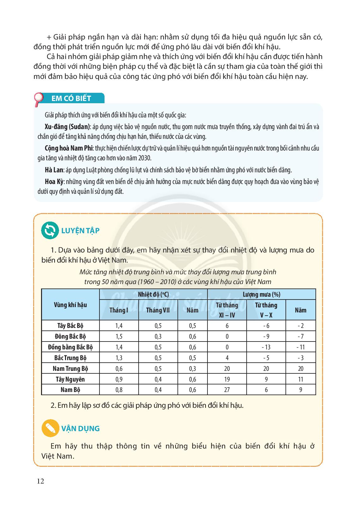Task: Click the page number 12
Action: [x=40, y=481]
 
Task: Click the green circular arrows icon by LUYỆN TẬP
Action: [x=50, y=230]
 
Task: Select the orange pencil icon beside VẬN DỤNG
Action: [x=50, y=428]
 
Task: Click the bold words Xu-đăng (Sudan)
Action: [x=67, y=127]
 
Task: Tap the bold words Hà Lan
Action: [x=54, y=170]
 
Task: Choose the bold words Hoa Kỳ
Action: [x=55, y=181]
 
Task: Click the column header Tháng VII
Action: [x=158, y=310]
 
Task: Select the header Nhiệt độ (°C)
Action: [x=153, y=294]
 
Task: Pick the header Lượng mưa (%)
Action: [x=261, y=294]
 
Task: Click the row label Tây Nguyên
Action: [x=70, y=379]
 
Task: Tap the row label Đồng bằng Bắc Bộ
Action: [x=70, y=347]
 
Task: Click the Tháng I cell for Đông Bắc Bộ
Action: [x=119, y=336]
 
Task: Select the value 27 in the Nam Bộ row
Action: [x=227, y=390]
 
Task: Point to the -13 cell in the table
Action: [x=266, y=347]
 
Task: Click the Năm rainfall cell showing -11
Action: [x=301, y=347]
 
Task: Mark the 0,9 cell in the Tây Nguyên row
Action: [x=119, y=379]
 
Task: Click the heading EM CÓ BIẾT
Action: [x=71, y=98]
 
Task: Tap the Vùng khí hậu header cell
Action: [x=70, y=305]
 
